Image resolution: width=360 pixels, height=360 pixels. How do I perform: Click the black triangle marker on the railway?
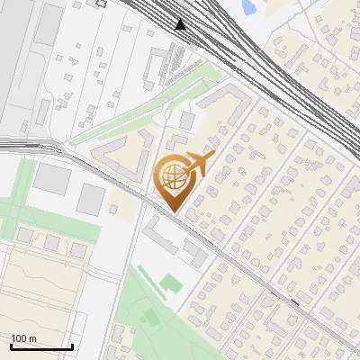tap(182, 24)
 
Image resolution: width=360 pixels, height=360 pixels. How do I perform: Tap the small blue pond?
tap(247, 7)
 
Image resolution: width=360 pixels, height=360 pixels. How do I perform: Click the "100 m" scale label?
tap(24, 338)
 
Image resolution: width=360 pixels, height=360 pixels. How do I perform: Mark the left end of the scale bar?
tap(10, 346)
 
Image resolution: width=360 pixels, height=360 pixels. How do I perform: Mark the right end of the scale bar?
tap(72, 346)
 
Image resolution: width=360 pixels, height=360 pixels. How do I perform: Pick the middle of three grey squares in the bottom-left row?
tap(51, 242)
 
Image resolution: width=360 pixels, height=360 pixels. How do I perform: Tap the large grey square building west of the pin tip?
tap(90, 198)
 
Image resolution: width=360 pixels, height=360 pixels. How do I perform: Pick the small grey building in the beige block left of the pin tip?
tap(114, 210)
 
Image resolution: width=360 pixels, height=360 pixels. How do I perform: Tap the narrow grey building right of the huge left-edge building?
tap(43, 112)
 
